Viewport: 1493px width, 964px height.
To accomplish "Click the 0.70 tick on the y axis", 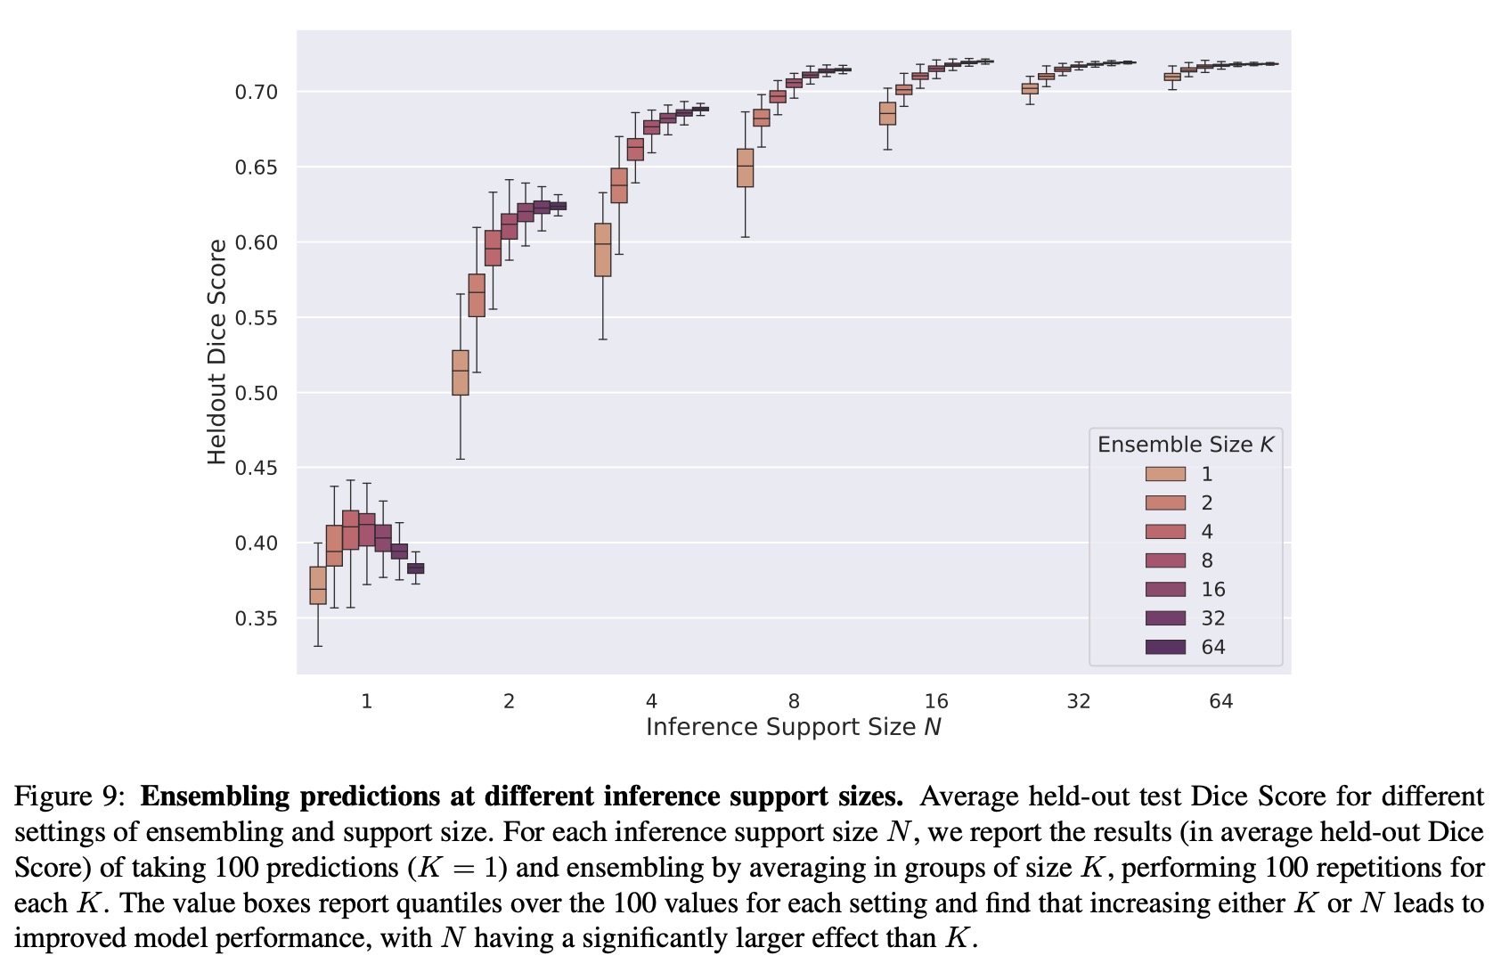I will click(257, 92).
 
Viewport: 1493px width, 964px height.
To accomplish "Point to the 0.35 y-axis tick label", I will click(257, 618).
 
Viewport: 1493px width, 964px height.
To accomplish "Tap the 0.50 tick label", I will click(257, 393).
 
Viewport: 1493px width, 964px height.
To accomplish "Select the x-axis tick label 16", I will click(936, 701).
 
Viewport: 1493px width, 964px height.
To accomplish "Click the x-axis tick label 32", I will click(1079, 701).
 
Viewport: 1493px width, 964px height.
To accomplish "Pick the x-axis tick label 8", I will click(794, 701).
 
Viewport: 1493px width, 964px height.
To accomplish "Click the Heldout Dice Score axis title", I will click(217, 352).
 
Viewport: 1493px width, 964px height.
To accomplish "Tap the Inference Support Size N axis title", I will click(794, 727).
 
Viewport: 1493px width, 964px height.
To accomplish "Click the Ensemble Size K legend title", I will click(1186, 445).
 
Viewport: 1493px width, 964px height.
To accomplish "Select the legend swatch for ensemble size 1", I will click(1165, 474).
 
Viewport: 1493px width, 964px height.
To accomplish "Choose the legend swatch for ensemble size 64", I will click(1165, 647).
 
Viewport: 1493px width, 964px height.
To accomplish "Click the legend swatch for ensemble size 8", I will click(1165, 560).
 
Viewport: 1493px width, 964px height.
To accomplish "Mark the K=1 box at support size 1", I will click(318, 585).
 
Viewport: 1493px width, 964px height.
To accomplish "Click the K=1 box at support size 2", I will click(461, 372).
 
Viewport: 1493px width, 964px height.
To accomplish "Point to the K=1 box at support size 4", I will click(603, 249).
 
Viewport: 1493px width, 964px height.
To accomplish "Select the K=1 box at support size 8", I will click(746, 167).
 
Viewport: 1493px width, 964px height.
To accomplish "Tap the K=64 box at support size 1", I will click(416, 568).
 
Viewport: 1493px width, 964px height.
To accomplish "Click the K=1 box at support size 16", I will click(888, 113).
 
